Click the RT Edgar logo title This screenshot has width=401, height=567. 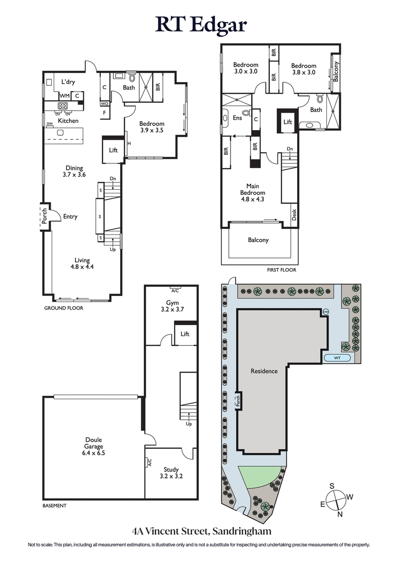point(200,24)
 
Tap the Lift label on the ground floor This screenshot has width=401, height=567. point(113,149)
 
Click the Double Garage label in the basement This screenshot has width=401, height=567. point(94,446)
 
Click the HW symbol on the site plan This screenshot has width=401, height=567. point(325,312)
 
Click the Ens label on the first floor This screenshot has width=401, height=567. point(237,118)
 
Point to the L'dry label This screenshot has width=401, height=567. point(68,82)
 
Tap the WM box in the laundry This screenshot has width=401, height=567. point(64,95)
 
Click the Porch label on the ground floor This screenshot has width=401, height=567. point(44,216)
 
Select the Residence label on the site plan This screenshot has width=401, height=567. point(264,371)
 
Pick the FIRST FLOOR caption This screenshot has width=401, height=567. point(281,270)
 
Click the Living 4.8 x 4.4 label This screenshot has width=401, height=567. point(82,263)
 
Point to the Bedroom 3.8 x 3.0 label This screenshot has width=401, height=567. point(303,69)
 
